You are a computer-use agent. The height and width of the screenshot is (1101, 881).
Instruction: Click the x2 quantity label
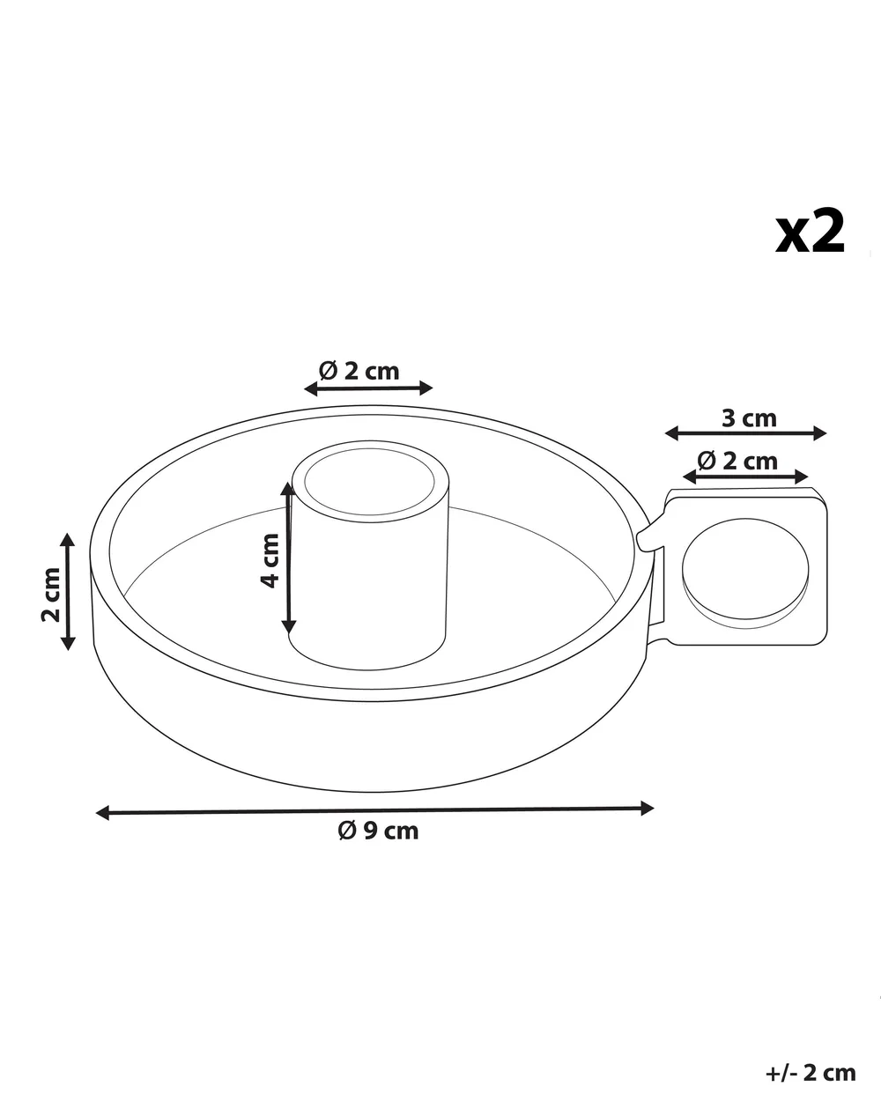pyautogui.click(x=810, y=233)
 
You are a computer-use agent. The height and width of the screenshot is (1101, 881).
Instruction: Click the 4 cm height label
pyautogui.click(x=270, y=560)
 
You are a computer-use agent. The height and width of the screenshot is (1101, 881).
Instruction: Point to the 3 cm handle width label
pyautogui.click(x=749, y=418)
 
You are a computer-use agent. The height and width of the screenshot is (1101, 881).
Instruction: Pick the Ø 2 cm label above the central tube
pyautogui.click(x=359, y=371)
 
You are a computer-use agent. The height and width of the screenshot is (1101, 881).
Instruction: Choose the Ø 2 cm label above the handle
pyautogui.click(x=737, y=462)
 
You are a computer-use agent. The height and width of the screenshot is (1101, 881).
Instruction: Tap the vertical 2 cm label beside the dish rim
pyautogui.click(x=51, y=595)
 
